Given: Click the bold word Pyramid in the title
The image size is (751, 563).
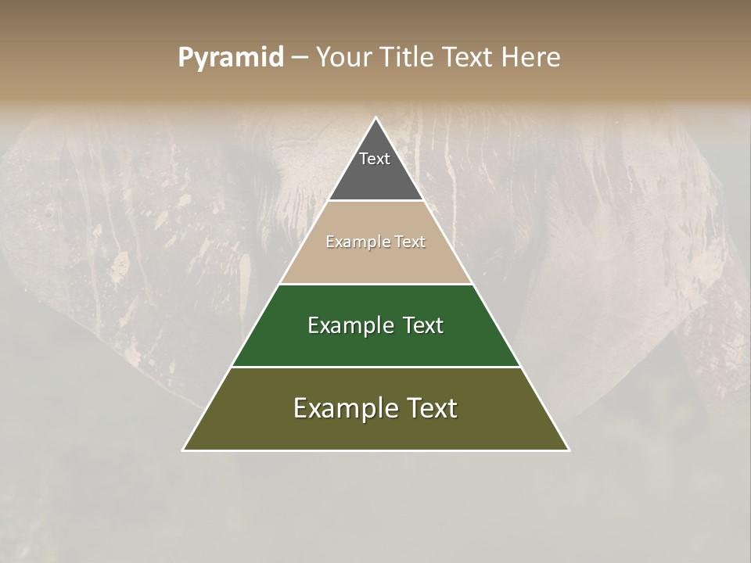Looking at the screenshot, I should tap(230, 58).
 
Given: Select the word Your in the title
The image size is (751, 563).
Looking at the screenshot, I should tap(345, 57).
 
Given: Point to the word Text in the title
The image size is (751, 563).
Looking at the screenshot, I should tap(469, 57).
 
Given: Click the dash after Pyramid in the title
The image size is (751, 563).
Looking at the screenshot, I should tap(299, 58).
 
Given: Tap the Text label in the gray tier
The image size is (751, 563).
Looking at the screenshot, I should tap(375, 159).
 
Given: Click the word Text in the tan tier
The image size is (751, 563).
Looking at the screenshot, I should tap(410, 242).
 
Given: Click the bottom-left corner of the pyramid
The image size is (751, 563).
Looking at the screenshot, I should tap(184, 450).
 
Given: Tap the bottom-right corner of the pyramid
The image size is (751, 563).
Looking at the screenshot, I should tap(569, 450).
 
